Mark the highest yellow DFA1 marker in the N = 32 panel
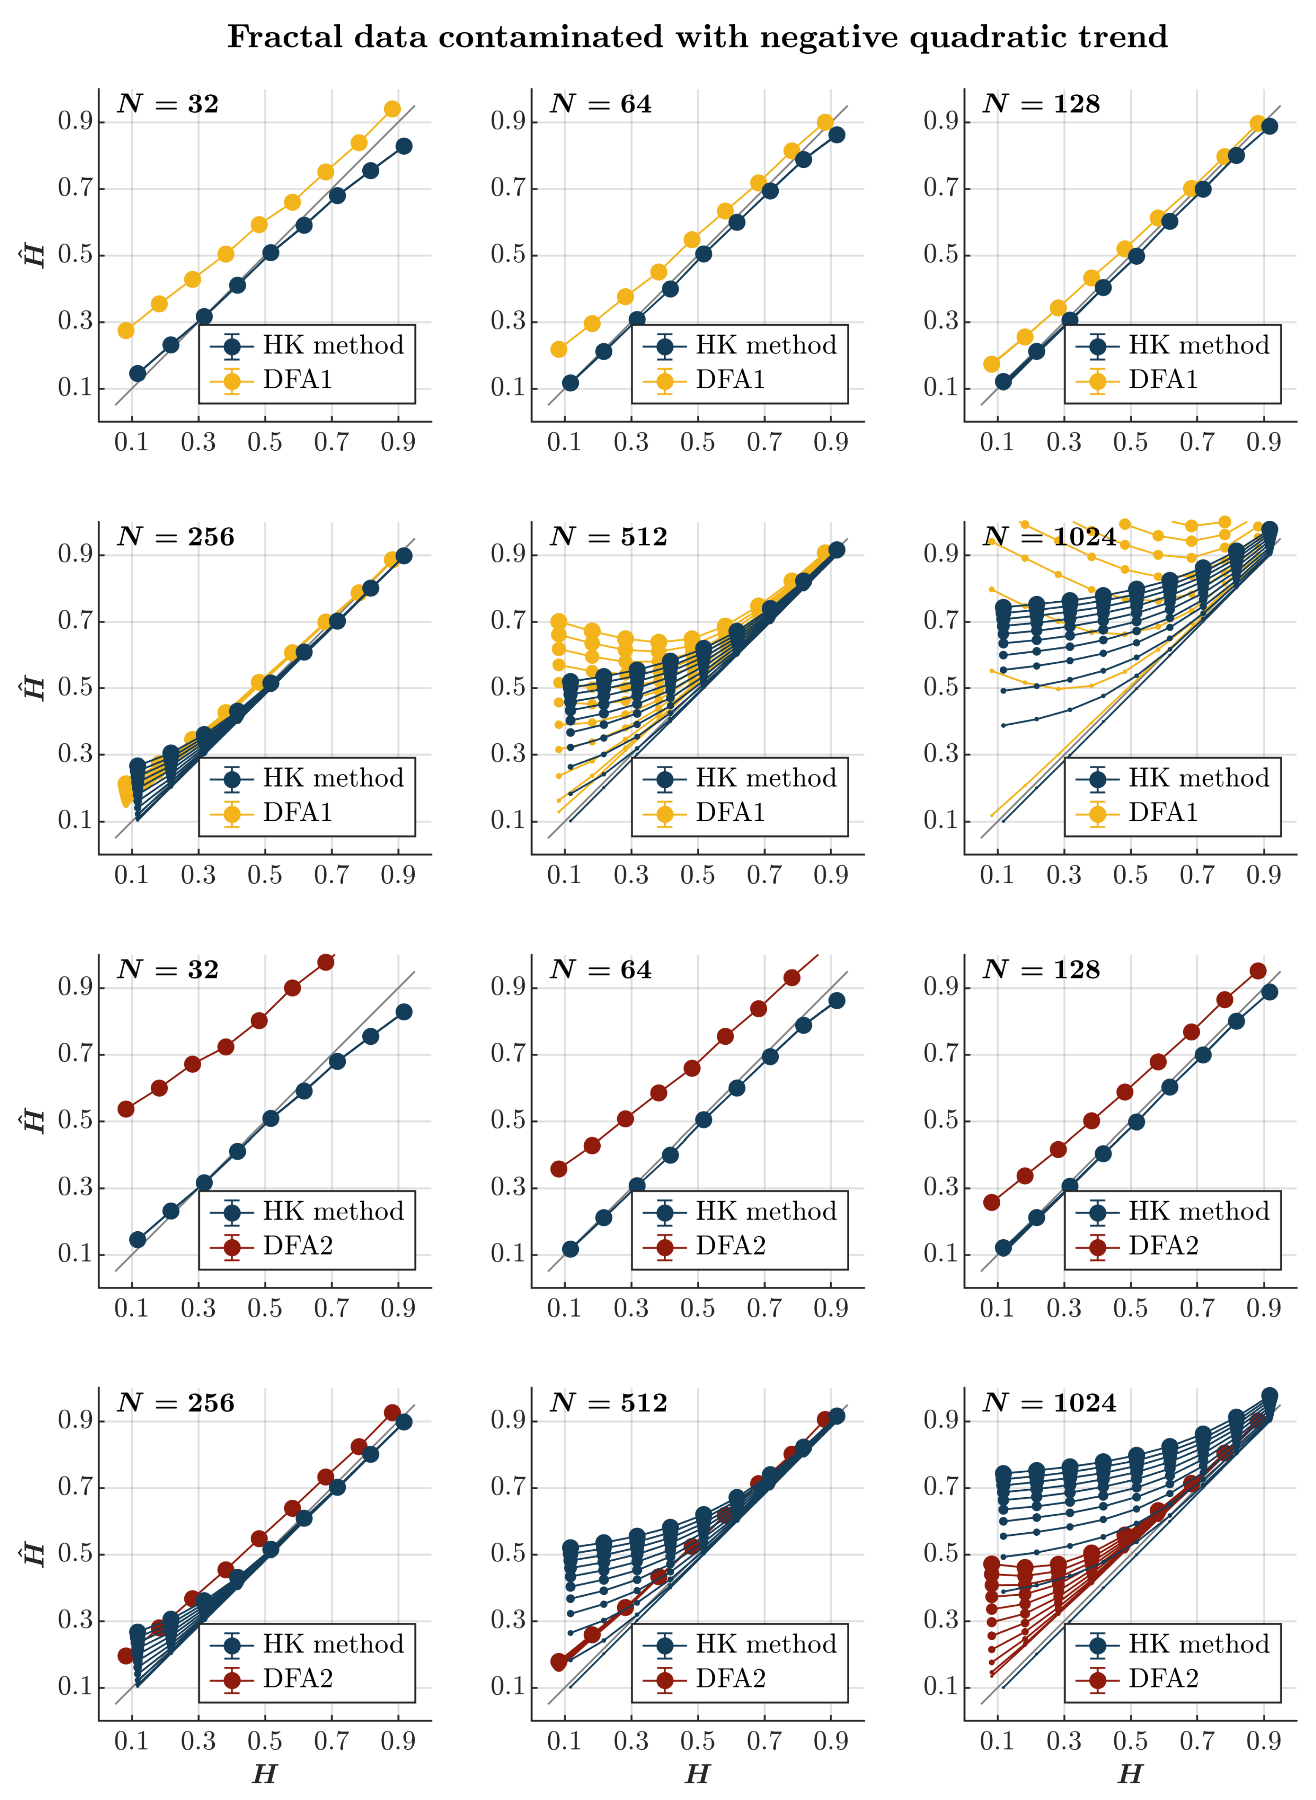(392, 109)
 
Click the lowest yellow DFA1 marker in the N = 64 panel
(558, 349)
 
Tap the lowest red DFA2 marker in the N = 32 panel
(126, 1108)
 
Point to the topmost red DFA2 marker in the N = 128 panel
(1258, 970)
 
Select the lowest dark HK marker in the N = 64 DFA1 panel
(570, 383)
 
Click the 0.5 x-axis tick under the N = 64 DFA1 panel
(698, 442)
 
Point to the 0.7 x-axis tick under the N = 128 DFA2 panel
(1197, 1308)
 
